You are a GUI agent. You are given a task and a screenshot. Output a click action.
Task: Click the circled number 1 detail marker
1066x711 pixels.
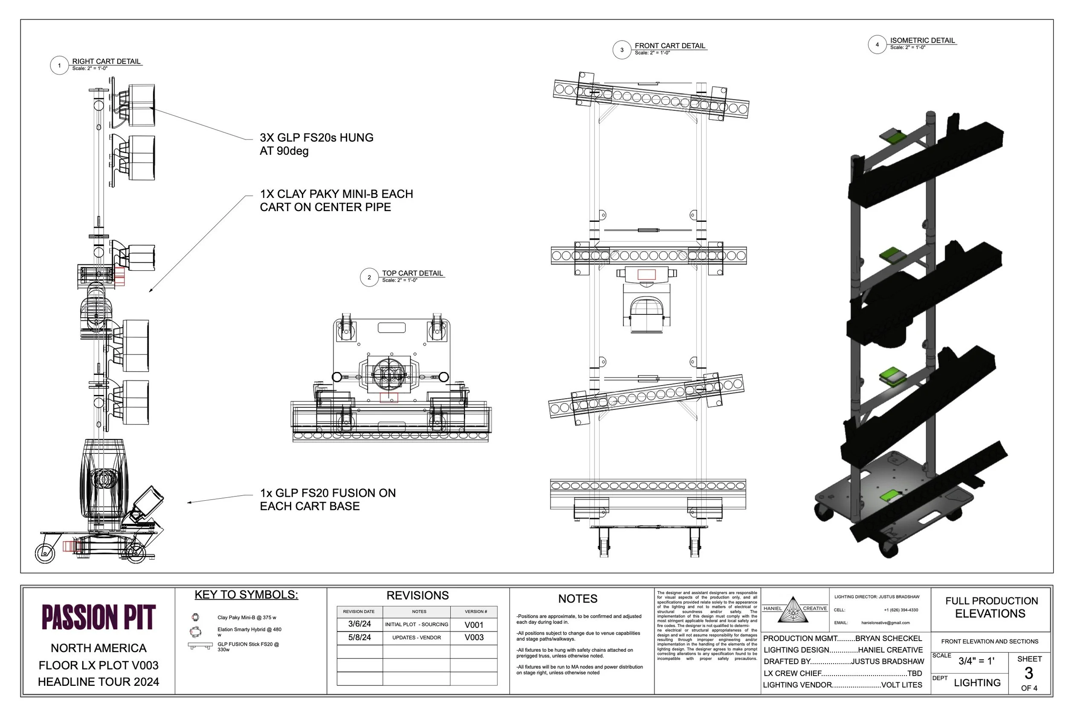point(59,65)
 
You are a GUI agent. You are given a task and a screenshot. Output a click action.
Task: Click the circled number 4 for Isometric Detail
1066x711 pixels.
point(877,44)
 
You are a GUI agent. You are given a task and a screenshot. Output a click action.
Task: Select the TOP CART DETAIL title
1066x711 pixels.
point(412,273)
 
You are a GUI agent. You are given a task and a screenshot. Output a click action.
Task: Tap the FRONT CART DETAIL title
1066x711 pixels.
point(669,46)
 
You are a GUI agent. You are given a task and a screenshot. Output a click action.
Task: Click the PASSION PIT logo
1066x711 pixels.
point(98,617)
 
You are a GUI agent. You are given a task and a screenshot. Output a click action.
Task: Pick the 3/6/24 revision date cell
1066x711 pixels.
point(359,624)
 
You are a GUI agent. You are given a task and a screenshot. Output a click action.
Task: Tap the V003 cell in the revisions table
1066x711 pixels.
point(474,637)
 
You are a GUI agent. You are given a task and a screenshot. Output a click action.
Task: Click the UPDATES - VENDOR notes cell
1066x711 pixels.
point(417,637)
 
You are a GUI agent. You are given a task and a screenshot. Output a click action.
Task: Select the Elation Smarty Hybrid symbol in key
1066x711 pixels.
point(195,631)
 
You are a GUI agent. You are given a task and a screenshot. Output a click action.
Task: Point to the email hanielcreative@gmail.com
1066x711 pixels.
point(885,623)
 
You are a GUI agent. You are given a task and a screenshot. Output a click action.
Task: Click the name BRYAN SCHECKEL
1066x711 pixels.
point(888,638)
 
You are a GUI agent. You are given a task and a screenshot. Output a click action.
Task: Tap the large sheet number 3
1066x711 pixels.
point(1028,673)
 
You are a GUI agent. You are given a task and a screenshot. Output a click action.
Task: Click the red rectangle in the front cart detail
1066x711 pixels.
point(646,274)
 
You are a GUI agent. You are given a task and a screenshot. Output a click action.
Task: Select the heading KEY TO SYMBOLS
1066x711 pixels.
point(246,595)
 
